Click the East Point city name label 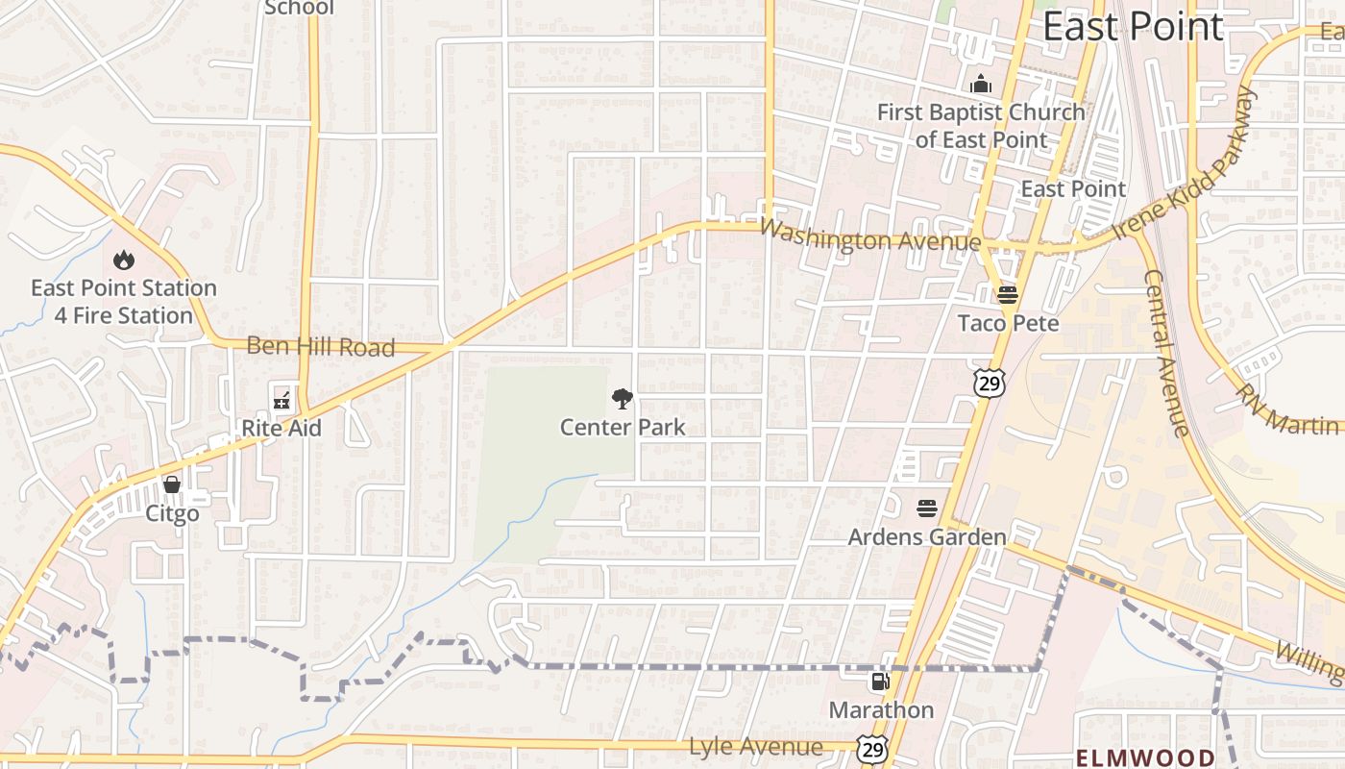[x=1133, y=27]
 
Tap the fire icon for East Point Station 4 [x=123, y=260]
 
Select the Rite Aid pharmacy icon [x=281, y=398]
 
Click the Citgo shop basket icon [x=172, y=484]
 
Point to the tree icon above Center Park [x=623, y=398]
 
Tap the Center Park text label [x=623, y=427]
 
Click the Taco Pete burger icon [x=1007, y=294]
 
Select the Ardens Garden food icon [x=927, y=508]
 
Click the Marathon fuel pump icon [x=879, y=682]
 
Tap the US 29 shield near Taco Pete [x=989, y=382]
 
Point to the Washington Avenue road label [x=869, y=236]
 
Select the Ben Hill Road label [x=320, y=347]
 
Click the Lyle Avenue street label [x=755, y=747]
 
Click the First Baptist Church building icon [x=980, y=84]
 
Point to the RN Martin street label [x=1287, y=410]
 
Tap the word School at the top [x=299, y=8]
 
